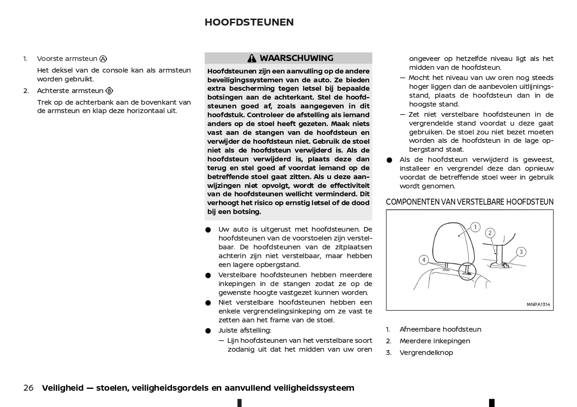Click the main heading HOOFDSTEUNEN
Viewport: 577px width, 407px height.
pos(249,22)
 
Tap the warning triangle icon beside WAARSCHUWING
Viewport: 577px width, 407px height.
pos(252,59)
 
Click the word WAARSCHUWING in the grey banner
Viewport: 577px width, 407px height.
pos(296,58)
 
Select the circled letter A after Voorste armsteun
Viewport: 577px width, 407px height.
pos(103,59)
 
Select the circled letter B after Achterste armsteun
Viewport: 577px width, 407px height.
pos(109,91)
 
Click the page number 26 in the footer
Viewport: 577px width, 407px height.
pos(28,388)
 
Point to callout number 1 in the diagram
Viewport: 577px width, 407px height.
pos(475,227)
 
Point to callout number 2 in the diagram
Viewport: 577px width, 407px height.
pos(490,233)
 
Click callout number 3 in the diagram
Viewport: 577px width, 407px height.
pos(521,252)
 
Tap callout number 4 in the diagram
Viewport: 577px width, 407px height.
pos(424,260)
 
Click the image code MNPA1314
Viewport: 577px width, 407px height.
pos(538,305)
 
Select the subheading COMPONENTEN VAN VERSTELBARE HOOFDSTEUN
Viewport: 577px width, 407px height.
pos(470,202)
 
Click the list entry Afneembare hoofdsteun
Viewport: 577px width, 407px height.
pos(440,329)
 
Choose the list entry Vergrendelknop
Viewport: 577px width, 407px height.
pos(426,353)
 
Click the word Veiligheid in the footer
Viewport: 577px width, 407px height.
pos(62,388)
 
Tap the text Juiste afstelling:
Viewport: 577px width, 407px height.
pos(245,330)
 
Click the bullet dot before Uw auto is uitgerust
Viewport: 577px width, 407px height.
pos(208,230)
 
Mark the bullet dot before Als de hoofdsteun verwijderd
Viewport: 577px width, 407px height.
pos(390,160)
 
